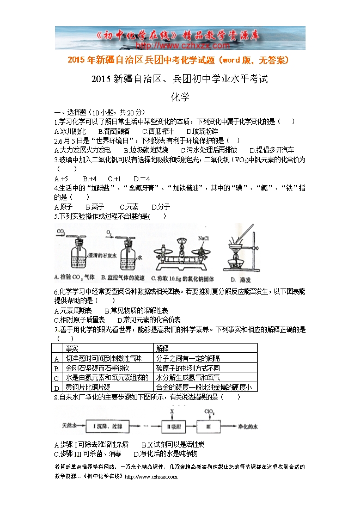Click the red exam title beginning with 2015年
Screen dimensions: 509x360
pyautogui.click(x=179, y=60)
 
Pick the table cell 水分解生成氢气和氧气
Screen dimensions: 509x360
pyautogui.click(x=188, y=377)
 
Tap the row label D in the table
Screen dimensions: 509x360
pyautogui.click(x=57, y=388)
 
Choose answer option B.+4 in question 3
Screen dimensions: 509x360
pyautogui.click(x=89, y=178)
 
